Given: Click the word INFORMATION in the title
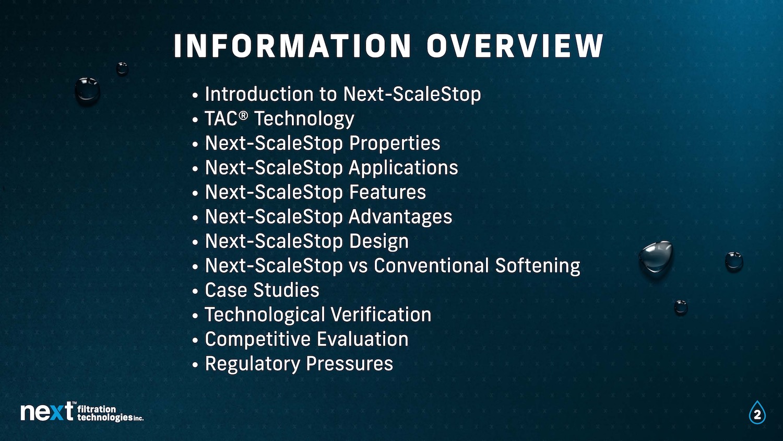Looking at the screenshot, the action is tap(292, 45).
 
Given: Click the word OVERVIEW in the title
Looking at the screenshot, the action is tap(515, 45).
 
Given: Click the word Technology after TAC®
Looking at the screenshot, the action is tap(304, 119).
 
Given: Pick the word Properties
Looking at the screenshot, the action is tap(395, 144).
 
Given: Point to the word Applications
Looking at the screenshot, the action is tap(404, 168).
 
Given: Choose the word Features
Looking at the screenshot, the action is tap(388, 192).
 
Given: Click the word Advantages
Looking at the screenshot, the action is tap(400, 217).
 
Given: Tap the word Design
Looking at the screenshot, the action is tap(379, 242).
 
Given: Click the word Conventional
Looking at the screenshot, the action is tap(431, 265).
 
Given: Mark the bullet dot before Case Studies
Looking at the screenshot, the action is tap(195, 291).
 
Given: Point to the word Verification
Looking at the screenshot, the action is tap(381, 315).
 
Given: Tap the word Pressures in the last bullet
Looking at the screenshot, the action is tap(350, 363).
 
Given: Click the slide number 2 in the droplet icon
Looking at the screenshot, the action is tap(757, 415).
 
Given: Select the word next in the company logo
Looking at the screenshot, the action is tap(47, 412).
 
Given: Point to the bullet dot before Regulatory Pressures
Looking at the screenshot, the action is tap(195, 365).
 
